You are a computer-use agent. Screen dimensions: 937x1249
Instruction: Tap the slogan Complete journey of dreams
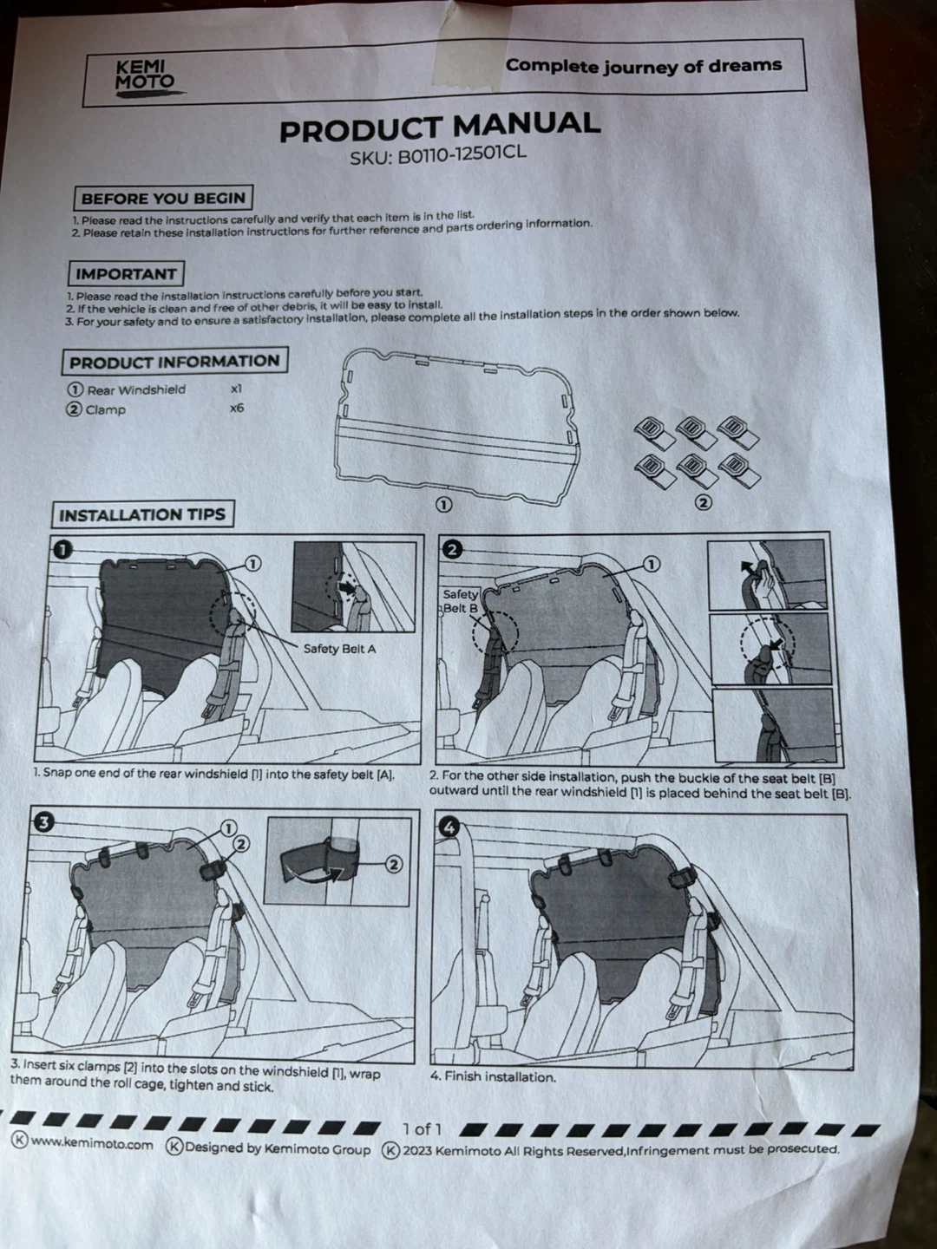[644, 66]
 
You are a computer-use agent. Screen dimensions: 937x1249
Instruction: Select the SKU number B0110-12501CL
[438, 155]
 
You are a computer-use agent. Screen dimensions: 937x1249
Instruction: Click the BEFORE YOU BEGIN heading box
[163, 198]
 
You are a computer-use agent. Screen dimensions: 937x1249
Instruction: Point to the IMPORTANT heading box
[126, 274]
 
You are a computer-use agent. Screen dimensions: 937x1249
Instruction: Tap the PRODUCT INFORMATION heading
[174, 362]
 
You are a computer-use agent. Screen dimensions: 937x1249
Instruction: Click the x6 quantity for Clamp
[237, 408]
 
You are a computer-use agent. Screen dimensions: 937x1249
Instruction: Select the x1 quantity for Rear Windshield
[236, 389]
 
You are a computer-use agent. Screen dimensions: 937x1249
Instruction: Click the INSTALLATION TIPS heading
[142, 515]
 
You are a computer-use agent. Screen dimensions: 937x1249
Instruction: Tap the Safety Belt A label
[339, 649]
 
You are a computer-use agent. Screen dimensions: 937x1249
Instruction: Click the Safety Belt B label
[460, 601]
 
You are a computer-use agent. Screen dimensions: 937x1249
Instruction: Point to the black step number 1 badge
[62, 549]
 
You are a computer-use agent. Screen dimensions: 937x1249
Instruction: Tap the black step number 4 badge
[449, 827]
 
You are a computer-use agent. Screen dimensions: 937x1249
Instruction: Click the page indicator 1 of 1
[423, 1127]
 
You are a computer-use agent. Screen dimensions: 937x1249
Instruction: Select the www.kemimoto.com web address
[91, 1144]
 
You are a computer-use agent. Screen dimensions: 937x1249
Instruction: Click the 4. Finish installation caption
[493, 1076]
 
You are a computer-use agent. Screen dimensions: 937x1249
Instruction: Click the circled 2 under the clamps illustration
[704, 502]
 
